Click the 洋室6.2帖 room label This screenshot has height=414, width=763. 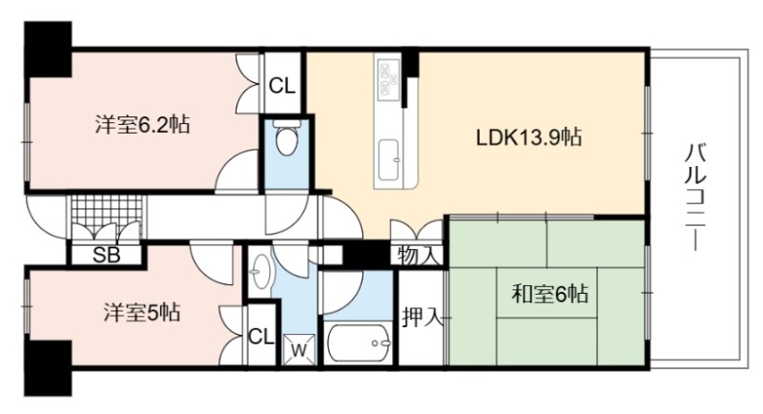(142, 126)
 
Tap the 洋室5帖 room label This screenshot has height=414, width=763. (142, 312)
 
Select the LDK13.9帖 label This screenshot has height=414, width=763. (529, 137)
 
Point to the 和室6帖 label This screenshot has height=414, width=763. (550, 294)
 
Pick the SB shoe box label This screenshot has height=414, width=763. (106, 255)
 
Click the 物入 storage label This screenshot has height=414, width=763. (417, 256)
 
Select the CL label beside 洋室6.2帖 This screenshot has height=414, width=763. (282, 86)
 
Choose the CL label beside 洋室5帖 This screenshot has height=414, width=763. (261, 337)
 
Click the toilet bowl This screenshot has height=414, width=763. (286, 137)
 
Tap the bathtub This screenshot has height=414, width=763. (359, 343)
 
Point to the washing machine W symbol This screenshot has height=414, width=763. (299, 350)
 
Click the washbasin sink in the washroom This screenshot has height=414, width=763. (259, 273)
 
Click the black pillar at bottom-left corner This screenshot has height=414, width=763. (48, 368)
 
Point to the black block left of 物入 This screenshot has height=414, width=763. (366, 255)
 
